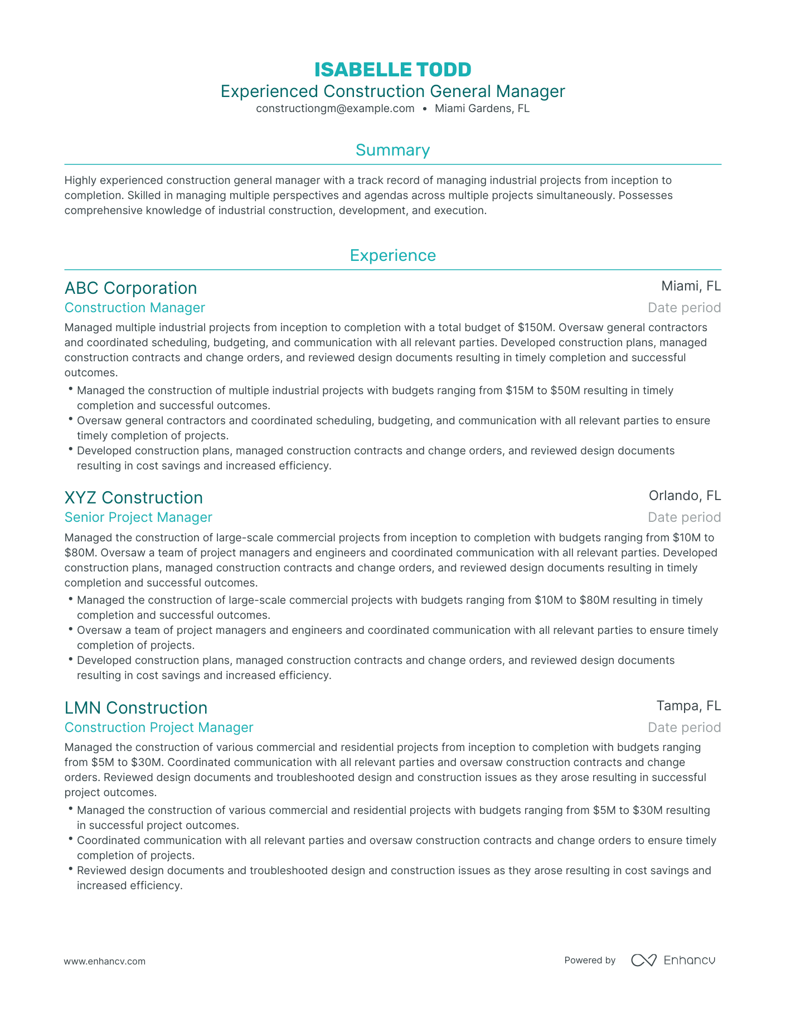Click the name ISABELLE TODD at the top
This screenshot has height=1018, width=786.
tap(392, 70)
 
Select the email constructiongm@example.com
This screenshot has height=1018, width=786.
tap(335, 109)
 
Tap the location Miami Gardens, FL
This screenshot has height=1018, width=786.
tap(482, 109)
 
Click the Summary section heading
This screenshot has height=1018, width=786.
tap(392, 150)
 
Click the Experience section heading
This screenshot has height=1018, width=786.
tap(392, 255)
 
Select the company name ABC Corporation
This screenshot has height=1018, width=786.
tap(130, 288)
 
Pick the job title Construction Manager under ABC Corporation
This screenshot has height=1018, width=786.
tap(134, 308)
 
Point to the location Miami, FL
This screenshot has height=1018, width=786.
tap(691, 286)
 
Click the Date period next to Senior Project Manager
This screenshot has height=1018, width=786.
tap(684, 517)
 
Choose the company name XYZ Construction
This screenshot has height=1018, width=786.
tap(133, 497)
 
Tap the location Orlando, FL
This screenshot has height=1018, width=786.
tap(685, 496)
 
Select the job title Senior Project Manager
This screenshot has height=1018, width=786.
tap(138, 517)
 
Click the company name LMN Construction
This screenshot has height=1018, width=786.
tap(135, 707)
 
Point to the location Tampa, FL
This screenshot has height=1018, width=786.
tap(688, 706)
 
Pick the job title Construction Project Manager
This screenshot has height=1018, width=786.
tap(159, 728)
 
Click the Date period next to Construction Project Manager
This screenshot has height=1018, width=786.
tap(684, 728)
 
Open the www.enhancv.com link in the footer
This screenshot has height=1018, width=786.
tap(105, 961)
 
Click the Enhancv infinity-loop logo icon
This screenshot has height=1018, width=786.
tap(644, 960)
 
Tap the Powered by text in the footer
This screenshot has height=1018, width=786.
tap(590, 960)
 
